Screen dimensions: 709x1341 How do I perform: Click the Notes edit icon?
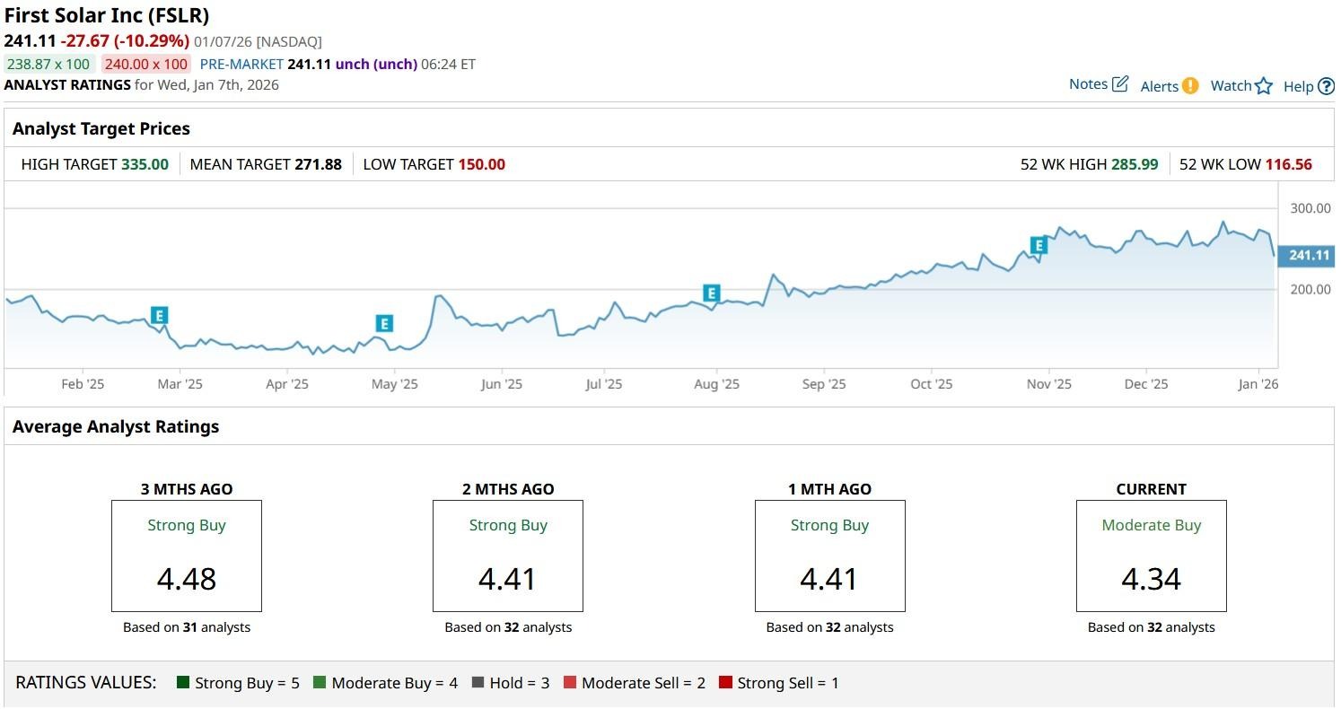1120,84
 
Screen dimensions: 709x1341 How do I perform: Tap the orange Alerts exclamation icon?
1190,86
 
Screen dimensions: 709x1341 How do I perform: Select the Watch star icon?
1264,86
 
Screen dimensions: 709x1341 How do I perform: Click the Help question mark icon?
1326,86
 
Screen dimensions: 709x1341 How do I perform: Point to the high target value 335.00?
145,164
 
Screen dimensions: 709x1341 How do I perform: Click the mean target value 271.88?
318,164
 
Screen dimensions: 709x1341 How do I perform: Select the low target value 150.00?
481,164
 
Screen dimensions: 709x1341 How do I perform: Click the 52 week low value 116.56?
1288,164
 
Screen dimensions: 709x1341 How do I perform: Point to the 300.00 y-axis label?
1310,208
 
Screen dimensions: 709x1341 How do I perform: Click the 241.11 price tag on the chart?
1308,256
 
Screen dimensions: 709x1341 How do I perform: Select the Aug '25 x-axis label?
716,384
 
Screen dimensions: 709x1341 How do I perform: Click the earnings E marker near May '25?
384,324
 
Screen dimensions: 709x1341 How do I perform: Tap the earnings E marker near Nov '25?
1039,245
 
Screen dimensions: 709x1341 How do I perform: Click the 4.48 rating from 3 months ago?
187,579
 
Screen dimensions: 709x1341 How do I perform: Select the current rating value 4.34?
1151,579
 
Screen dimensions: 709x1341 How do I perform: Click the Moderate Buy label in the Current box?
1151,525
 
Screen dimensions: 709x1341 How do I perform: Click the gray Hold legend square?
478,683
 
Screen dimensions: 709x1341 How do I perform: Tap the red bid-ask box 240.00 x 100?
145,64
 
